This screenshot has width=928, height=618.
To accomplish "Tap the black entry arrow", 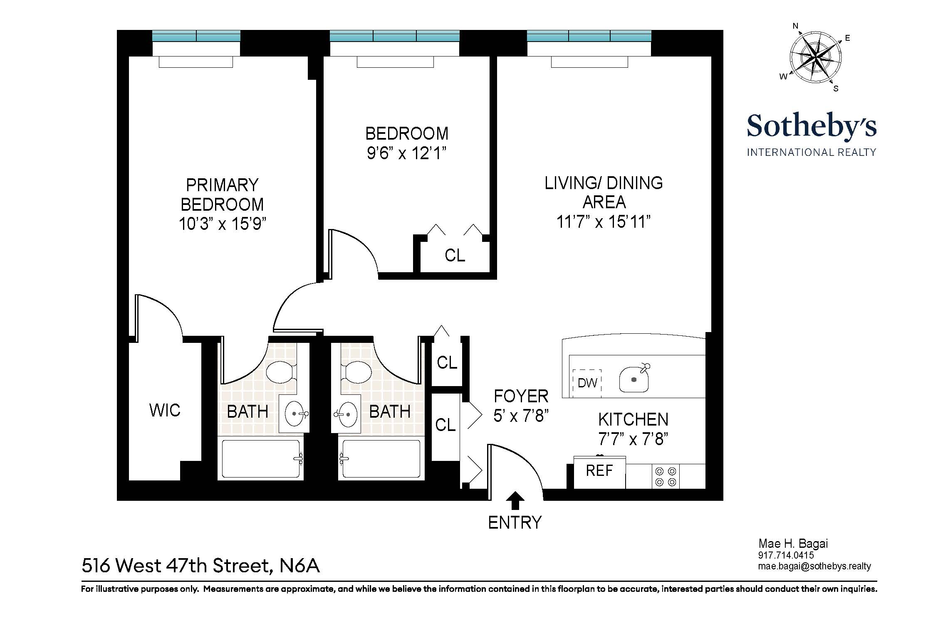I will click(515, 500).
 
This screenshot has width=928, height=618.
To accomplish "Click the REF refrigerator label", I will click(599, 471).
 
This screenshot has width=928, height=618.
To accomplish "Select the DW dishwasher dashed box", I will click(587, 383).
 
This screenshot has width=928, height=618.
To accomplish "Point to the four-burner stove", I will click(665, 477).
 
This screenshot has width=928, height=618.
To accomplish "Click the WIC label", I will click(165, 411).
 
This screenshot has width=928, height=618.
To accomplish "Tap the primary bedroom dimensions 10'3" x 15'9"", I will click(222, 224).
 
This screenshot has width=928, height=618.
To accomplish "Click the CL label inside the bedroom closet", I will click(455, 255).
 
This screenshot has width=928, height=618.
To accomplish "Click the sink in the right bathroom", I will click(346, 414).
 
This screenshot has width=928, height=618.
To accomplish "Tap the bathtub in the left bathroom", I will click(261, 459).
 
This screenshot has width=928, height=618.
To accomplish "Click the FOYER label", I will click(521, 396).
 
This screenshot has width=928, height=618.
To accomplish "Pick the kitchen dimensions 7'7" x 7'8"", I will click(633, 439).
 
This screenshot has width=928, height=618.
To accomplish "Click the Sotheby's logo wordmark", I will click(812, 126).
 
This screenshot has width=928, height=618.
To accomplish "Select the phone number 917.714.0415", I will click(786, 555).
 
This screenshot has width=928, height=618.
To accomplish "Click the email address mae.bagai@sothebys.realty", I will click(814, 566).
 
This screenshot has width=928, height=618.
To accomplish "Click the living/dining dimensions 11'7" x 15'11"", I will click(603, 222).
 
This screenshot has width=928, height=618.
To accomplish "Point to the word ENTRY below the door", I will click(515, 522).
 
